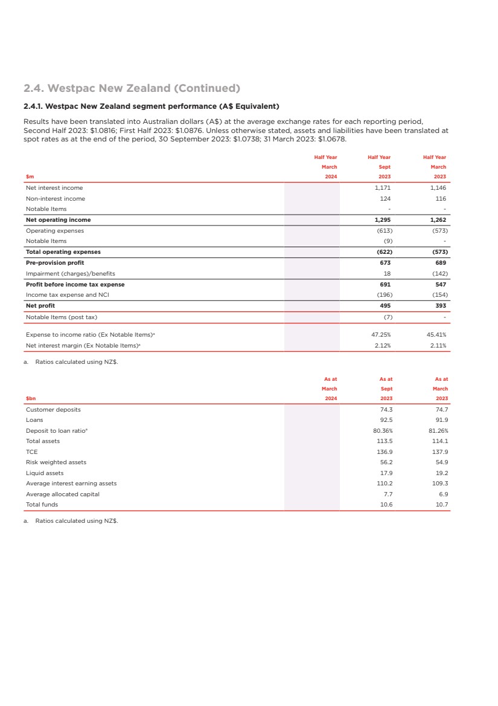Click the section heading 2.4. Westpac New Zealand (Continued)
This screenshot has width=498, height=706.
click(x=132, y=88)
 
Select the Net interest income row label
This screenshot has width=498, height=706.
click(x=54, y=188)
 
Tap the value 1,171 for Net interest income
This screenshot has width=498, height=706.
click(x=383, y=188)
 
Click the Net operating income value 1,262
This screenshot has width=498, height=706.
click(x=438, y=220)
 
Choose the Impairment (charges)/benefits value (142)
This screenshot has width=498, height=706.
click(x=438, y=273)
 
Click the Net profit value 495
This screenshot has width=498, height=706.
click(x=385, y=306)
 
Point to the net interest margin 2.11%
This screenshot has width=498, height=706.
click(x=436, y=345)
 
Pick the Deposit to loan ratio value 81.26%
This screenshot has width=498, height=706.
click(x=437, y=430)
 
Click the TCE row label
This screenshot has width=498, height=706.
click(x=31, y=452)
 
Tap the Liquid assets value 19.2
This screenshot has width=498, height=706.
click(x=442, y=473)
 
